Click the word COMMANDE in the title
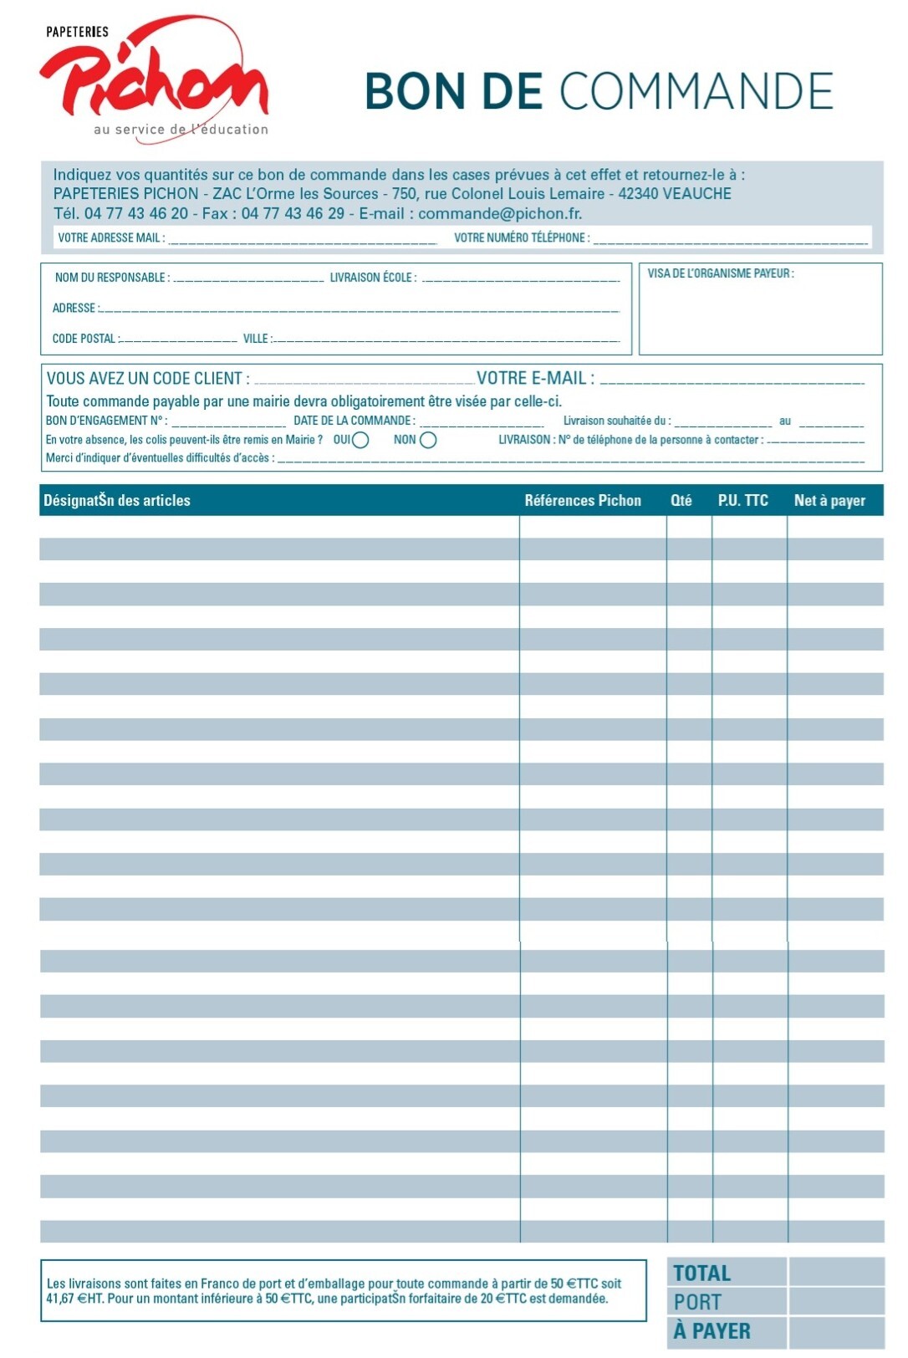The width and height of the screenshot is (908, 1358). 696,91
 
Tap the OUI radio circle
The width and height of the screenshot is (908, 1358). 360,441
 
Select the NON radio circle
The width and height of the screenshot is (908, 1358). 428,441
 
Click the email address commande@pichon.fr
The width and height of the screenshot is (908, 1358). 499,213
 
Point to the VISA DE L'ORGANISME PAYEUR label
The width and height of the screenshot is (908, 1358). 720,273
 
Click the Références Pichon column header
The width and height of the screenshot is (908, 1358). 583,501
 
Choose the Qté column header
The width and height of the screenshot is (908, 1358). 681,501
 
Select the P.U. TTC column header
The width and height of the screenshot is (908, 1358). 742,501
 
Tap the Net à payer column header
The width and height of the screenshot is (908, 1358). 829,501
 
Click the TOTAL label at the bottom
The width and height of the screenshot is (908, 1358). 701,1274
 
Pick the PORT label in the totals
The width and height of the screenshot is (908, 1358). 697,1302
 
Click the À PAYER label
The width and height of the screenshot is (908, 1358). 712,1330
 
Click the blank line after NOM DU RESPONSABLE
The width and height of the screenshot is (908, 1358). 247,278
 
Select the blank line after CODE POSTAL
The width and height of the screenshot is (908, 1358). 180,339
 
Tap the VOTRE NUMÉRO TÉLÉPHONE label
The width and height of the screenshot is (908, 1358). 521,238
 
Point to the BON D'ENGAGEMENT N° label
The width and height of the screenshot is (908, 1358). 106,421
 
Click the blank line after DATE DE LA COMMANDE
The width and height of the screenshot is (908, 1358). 482,422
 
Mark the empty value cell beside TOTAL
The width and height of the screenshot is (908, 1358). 835,1273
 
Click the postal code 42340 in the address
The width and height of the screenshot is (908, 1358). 638,194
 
